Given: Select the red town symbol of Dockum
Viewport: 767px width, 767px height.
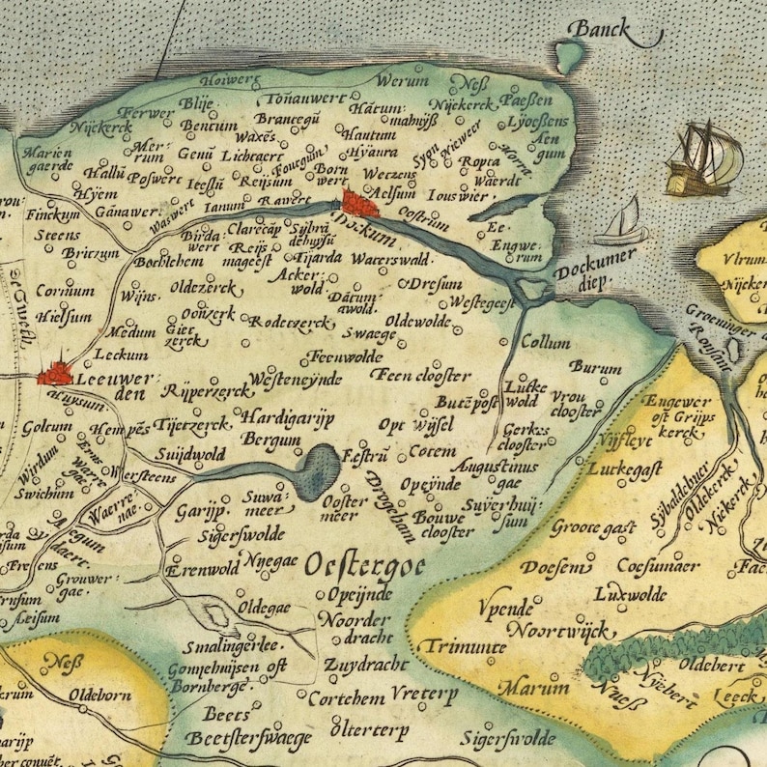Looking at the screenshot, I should point(359,204).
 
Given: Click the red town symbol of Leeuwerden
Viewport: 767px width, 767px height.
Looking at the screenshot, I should point(56,372).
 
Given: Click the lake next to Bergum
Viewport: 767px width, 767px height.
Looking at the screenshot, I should point(317,470).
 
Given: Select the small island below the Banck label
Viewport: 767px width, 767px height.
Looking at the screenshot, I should point(570,59).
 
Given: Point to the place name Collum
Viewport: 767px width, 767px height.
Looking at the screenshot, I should point(545,343).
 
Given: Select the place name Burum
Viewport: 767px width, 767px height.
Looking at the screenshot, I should point(596,367).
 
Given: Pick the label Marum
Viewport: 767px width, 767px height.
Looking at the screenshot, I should point(527,688).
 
